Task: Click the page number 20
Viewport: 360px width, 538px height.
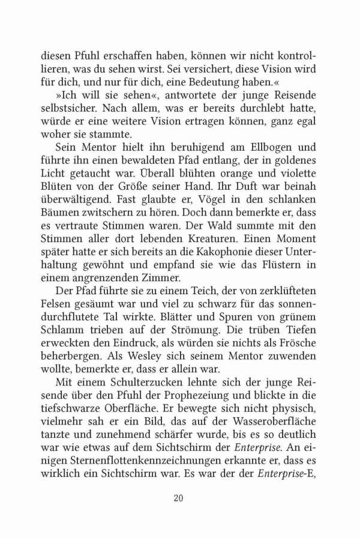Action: (x=179, y=498)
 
